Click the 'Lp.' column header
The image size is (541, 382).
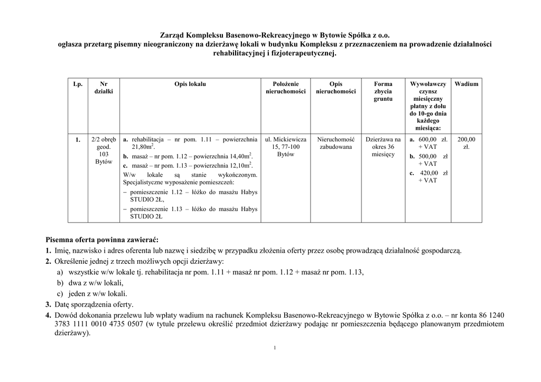click(x=78, y=84)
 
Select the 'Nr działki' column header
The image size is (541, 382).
click(x=104, y=88)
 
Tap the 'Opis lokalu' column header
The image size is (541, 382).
click(x=190, y=84)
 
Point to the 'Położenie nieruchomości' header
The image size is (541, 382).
click(x=286, y=88)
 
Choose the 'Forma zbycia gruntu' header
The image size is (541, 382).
click(x=383, y=91)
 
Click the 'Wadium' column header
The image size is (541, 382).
click(x=467, y=84)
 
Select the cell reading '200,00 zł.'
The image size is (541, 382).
click(x=467, y=143)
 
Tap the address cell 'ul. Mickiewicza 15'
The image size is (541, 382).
click(x=286, y=143)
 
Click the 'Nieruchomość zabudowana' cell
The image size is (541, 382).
click(x=335, y=143)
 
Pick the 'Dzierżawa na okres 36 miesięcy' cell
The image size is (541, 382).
click(x=383, y=147)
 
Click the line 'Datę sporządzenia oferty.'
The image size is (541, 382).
click(x=93, y=304)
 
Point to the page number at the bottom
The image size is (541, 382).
click(x=275, y=348)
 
